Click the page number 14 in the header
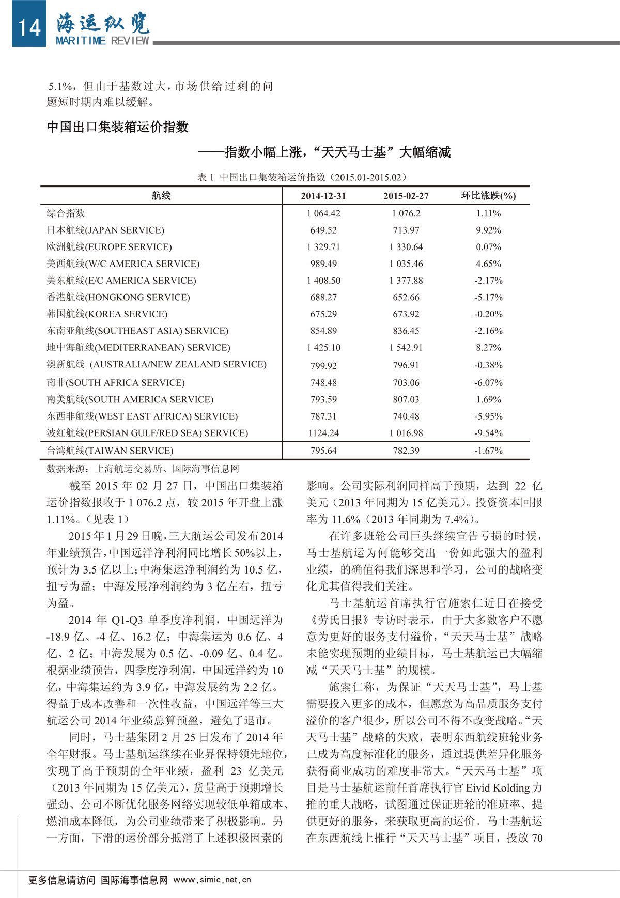(29, 26)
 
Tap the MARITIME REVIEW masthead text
(102, 41)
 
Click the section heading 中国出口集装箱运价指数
(118, 127)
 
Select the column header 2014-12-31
(323, 196)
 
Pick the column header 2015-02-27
(406, 196)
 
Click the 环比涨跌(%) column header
(488, 195)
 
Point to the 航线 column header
(161, 195)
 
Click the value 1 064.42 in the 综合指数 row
(323, 213)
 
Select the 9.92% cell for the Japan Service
(488, 230)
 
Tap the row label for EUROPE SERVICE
(110, 247)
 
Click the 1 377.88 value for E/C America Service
(406, 281)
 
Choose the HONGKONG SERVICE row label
(118, 297)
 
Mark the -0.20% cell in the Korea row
(488, 314)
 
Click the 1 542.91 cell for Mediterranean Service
(406, 348)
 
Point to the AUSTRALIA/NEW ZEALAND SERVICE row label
(157, 364)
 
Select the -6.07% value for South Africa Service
(488, 383)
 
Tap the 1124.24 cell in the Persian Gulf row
(323, 433)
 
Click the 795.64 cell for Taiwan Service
(323, 451)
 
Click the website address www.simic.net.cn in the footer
(212, 879)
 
